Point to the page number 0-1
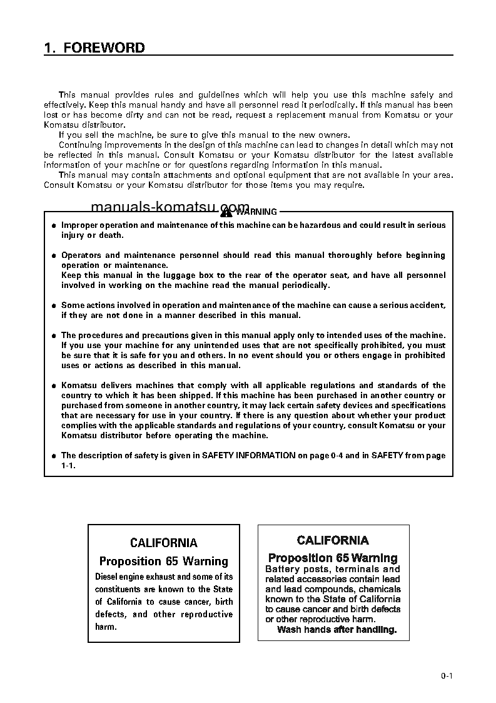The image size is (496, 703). coord(446,675)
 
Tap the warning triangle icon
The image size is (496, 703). coord(226,212)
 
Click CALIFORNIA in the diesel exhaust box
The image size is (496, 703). coord(163,543)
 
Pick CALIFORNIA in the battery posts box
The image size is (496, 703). coord(333,540)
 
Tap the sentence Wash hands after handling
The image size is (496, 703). coord(337,630)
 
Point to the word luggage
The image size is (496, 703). coord(183,275)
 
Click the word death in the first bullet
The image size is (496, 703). coord(111,235)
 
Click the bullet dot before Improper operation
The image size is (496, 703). coord(53,225)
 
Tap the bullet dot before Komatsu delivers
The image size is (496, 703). coord(53,386)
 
